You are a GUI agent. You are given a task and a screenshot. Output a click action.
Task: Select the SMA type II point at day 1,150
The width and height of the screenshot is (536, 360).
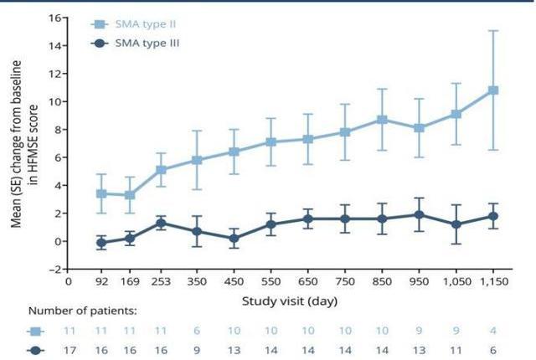tap(492, 90)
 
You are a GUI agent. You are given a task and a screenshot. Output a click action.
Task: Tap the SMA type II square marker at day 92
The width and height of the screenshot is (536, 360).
tap(100, 193)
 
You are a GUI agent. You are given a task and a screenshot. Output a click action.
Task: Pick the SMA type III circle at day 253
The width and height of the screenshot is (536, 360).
tap(161, 223)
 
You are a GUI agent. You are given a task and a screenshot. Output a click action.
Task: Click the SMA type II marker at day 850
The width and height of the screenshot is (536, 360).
tap(381, 120)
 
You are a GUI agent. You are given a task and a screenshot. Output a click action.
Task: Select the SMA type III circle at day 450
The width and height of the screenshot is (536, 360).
tap(234, 238)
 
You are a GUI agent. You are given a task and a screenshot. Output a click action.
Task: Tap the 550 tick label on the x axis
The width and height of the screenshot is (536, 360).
tap(271, 282)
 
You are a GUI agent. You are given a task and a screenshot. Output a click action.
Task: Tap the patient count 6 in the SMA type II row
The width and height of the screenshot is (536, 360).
tap(198, 332)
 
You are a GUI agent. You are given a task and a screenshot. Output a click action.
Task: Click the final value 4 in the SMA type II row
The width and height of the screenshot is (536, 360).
tap(492, 332)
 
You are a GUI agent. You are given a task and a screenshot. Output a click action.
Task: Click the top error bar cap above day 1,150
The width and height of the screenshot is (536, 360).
tap(492, 31)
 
